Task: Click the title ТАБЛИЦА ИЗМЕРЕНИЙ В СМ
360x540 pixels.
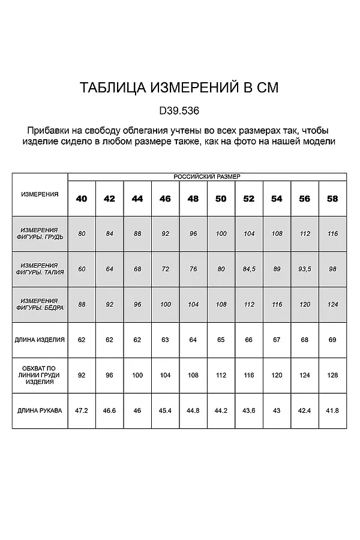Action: click(x=179, y=88)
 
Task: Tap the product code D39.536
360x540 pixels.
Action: click(x=179, y=111)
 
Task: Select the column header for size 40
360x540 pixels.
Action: click(x=82, y=199)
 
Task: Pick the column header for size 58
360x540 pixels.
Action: click(x=332, y=199)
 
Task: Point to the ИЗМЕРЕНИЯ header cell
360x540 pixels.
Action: click(x=40, y=194)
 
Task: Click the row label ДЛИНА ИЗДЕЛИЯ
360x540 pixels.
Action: click(x=40, y=340)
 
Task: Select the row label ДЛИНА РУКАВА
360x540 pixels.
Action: click(x=40, y=411)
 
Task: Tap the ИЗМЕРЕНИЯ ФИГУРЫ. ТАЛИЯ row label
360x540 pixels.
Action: click(x=40, y=268)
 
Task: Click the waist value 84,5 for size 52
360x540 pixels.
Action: click(x=249, y=269)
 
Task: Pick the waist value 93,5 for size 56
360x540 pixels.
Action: click(x=305, y=269)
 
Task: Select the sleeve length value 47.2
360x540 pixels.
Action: click(x=82, y=411)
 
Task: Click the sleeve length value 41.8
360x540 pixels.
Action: click(x=332, y=411)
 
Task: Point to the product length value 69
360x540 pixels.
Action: click(x=332, y=340)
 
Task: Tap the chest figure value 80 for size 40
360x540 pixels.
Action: click(x=82, y=233)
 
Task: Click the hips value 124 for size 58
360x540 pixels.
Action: click(x=332, y=304)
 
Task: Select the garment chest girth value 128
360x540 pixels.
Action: click(x=332, y=375)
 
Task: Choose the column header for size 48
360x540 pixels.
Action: click(x=193, y=199)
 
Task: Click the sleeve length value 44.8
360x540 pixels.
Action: click(x=193, y=411)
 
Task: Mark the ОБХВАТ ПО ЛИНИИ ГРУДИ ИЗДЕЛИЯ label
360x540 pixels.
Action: click(x=40, y=375)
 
